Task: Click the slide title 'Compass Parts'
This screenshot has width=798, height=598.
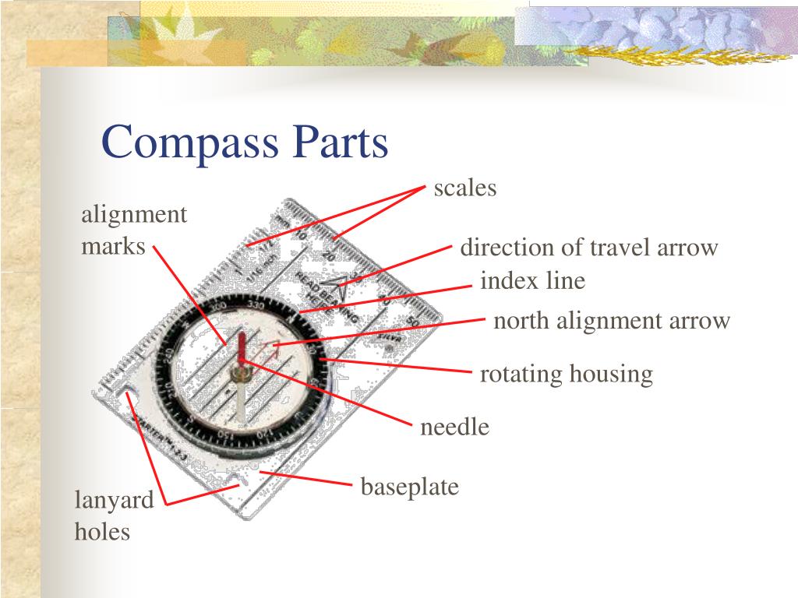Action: [245, 142]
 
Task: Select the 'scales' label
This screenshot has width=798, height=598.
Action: [465, 188]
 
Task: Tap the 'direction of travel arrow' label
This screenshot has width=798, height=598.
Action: [588, 248]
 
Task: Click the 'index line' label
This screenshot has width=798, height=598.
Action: [532, 280]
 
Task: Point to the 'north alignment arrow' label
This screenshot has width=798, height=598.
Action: [612, 320]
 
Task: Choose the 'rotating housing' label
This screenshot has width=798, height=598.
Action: [566, 375]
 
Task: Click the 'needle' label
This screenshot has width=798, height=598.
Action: [455, 427]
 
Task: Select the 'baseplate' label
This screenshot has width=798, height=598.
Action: [410, 487]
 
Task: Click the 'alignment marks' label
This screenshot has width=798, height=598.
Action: [134, 230]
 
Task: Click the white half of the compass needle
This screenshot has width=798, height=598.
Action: [242, 401]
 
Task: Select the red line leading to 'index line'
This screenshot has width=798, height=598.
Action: [386, 299]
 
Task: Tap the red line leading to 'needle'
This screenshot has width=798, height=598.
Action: [327, 393]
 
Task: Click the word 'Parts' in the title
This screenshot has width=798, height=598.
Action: [340, 142]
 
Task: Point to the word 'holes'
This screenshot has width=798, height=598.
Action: [102, 533]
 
